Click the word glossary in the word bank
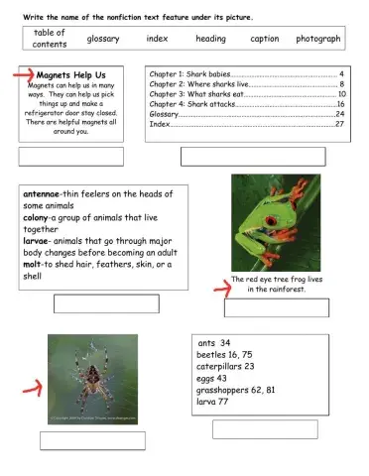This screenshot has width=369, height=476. (103, 39)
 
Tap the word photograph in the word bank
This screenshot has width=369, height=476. (317, 39)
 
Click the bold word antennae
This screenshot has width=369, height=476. (40, 194)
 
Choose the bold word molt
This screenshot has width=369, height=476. (33, 265)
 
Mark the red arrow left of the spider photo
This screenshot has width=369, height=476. (31, 378)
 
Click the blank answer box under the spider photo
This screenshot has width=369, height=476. (91, 440)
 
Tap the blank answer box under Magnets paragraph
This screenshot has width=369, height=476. (70, 157)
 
